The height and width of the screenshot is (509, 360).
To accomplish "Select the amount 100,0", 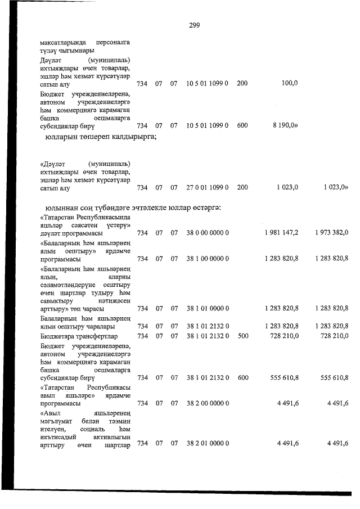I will [289, 83].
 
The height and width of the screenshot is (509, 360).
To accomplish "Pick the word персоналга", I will [110, 42].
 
